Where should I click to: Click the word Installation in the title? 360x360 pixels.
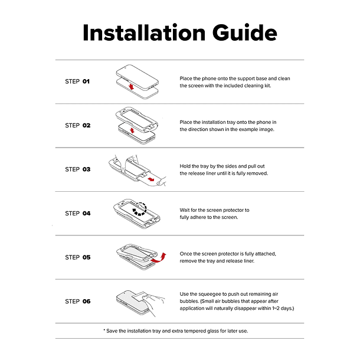pos(144,32)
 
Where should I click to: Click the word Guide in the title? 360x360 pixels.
pos(245,32)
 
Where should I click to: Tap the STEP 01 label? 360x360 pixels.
pos(77,81)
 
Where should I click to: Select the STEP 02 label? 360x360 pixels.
pos(77,125)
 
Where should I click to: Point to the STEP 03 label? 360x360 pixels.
pos(77,169)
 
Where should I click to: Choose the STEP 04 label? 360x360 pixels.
pos(77,213)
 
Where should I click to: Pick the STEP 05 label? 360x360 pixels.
pos(77,257)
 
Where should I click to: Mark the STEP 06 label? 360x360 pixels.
pos(77,301)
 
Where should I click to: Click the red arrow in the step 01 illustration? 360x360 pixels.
pos(131,87)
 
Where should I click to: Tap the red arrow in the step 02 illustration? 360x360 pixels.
pos(132,130)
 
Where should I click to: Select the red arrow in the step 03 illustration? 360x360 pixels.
pos(151,179)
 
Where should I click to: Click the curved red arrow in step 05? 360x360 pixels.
pos(158,258)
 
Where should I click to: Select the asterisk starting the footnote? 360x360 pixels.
pos(104,330)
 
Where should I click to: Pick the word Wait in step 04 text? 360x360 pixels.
pos(185,210)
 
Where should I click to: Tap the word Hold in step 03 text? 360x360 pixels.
pos(185,166)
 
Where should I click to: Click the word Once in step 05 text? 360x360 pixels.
pos(186,254)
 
